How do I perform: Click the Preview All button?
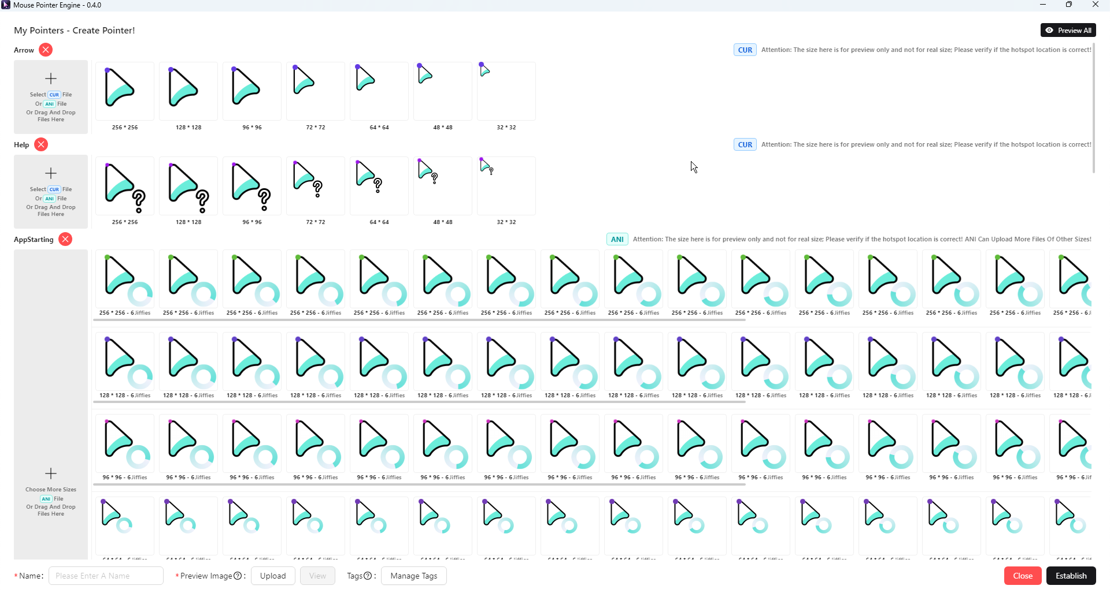point(1068,31)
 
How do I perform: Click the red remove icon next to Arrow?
point(46,50)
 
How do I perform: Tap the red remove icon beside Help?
point(41,144)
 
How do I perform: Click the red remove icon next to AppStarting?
point(65,239)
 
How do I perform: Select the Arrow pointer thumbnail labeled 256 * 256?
point(125,91)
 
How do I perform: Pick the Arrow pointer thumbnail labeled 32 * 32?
point(506,91)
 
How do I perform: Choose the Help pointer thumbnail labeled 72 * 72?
point(316,185)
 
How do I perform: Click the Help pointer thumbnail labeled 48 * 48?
point(443,185)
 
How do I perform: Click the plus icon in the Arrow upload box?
point(51,79)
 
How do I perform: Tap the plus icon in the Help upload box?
point(51,173)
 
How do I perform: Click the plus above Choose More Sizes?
point(51,473)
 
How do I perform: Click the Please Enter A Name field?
point(106,576)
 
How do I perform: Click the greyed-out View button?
point(317,576)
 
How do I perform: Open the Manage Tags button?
point(413,576)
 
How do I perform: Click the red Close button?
point(1022,576)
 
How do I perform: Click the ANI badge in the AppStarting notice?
point(617,239)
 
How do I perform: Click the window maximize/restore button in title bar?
point(1069,5)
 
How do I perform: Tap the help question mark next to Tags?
point(368,576)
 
